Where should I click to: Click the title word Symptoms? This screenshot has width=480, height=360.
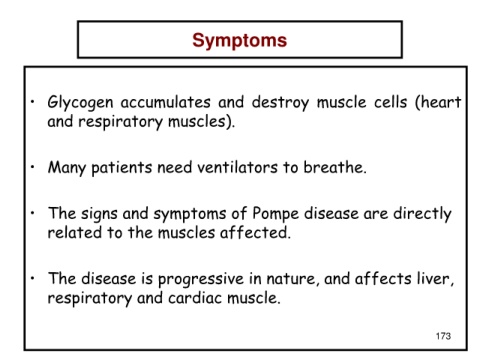[239, 41]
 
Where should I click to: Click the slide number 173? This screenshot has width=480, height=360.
[443, 336]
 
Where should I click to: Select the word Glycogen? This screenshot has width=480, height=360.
[80, 103]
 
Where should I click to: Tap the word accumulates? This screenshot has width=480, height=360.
[165, 102]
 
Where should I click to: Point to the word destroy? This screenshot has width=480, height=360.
[280, 103]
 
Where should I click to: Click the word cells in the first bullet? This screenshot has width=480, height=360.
[390, 102]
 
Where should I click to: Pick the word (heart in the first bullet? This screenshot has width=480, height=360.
[438, 102]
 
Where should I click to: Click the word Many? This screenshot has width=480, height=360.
[67, 168]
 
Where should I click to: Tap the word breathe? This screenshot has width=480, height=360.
[335, 167]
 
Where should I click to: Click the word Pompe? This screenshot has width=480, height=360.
[275, 214]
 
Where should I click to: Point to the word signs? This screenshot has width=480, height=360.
[99, 214]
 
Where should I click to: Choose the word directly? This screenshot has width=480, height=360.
[422, 214]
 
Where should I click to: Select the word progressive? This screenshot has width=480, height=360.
[201, 279]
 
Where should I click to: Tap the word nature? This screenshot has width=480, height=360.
[291, 279]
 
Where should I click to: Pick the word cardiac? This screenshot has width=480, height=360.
[195, 298]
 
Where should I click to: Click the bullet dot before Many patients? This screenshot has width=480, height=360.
[32, 167]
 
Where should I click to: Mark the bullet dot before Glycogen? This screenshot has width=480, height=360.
[32, 102]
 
